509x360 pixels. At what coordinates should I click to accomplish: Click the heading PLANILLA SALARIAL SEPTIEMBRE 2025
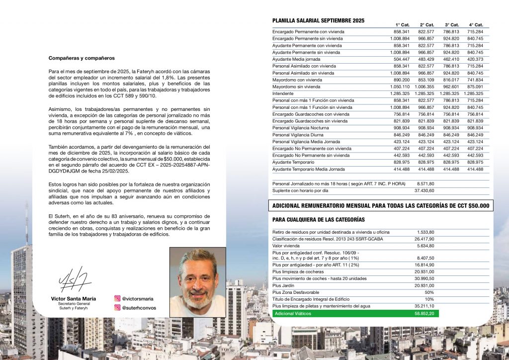(x=318, y=20)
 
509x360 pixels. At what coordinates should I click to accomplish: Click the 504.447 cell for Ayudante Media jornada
(x=402, y=59)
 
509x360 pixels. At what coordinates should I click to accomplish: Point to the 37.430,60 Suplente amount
(x=424, y=190)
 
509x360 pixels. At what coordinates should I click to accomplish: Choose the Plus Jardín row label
(x=284, y=285)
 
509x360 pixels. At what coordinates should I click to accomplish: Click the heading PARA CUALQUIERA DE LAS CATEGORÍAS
(x=319, y=219)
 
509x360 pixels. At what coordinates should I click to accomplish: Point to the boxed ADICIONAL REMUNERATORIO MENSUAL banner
(x=380, y=205)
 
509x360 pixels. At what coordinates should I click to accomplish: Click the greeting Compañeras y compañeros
(x=82, y=58)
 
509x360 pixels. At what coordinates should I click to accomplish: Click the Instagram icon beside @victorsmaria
(x=117, y=299)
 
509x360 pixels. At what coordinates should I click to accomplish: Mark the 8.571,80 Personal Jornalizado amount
(x=425, y=183)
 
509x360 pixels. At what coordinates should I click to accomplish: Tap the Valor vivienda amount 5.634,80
(x=425, y=246)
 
